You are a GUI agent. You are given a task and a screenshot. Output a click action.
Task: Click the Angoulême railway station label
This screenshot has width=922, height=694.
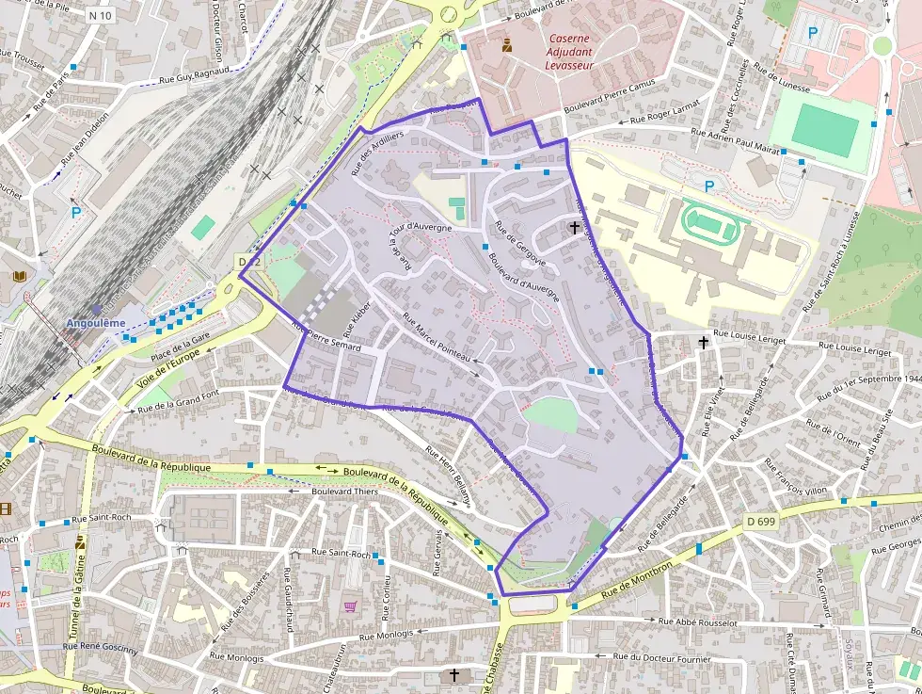pyautogui.click(x=94, y=323)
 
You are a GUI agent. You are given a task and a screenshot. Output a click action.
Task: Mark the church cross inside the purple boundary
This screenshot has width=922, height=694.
pyautogui.click(x=574, y=227)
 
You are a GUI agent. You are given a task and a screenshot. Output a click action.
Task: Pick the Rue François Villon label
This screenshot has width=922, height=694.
pyautogui.click(x=795, y=477)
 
